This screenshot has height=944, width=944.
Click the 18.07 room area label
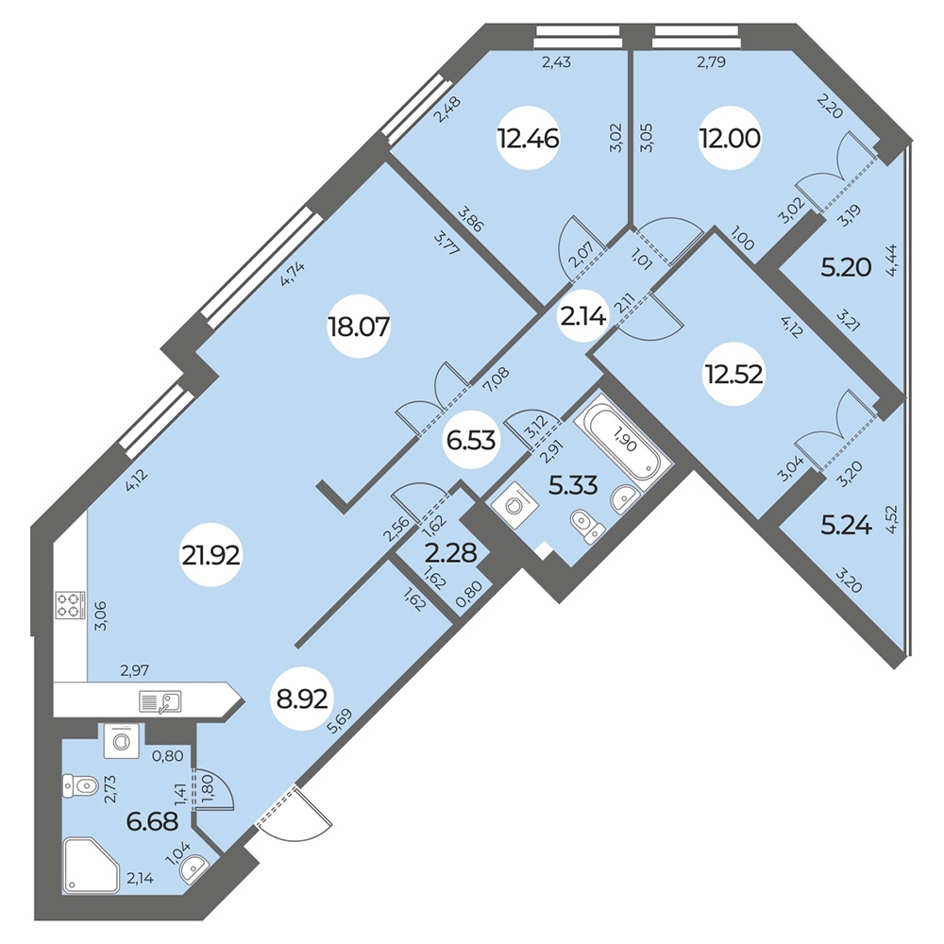pos(359,328)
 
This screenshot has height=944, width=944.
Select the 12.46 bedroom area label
pos(528,139)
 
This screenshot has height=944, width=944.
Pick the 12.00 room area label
pos(730,139)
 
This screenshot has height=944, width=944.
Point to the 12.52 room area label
pos(734,375)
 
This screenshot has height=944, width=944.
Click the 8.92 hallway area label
pos(302,700)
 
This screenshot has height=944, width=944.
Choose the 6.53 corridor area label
pos(471,440)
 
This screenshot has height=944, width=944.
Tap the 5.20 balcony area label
pos(847,267)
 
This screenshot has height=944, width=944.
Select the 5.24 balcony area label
pos(847,526)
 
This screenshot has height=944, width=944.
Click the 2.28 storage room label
pos(451,552)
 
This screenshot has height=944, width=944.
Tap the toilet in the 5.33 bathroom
pos(587,524)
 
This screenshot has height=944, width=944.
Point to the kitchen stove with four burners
pos(68,606)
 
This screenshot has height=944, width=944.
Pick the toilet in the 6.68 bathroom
pos(80,786)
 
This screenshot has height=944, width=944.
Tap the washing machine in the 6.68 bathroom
pos(121,740)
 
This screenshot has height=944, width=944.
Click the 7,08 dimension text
pos(496,379)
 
